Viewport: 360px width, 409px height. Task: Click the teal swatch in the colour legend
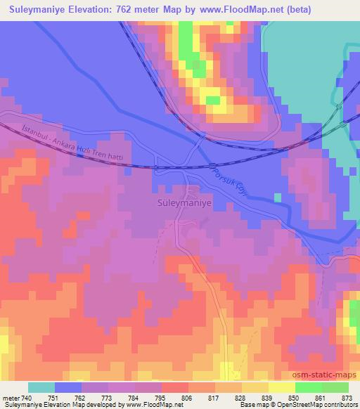point(41,387)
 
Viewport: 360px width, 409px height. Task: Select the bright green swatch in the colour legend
point(308,387)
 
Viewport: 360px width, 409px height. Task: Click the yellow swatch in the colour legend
point(281,387)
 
